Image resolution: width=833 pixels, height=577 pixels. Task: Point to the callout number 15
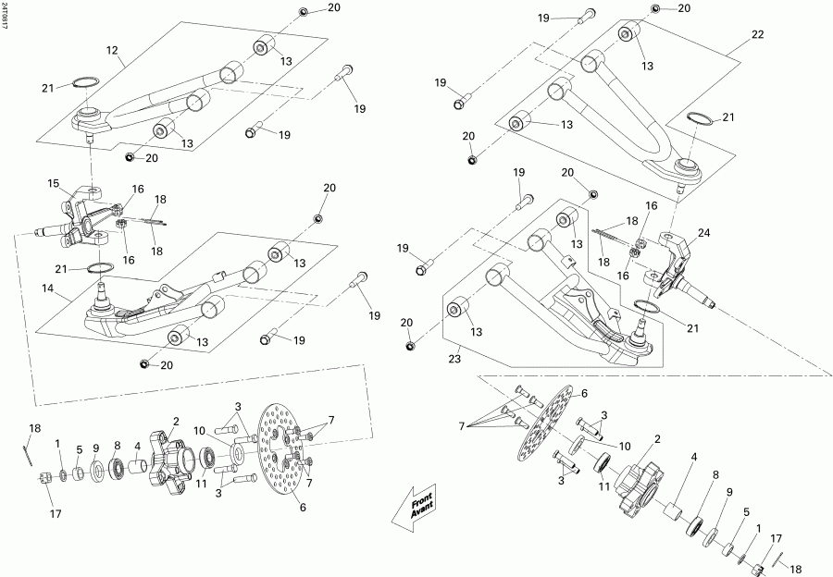(54, 182)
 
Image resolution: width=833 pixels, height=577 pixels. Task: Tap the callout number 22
(757, 34)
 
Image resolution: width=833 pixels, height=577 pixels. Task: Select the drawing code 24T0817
(5, 17)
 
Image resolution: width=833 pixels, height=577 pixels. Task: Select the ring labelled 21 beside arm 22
(701, 119)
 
